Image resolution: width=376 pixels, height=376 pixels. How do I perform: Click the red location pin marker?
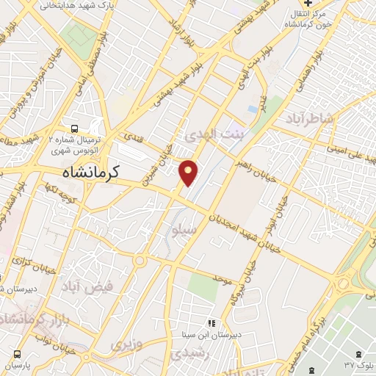[x=189, y=172]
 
